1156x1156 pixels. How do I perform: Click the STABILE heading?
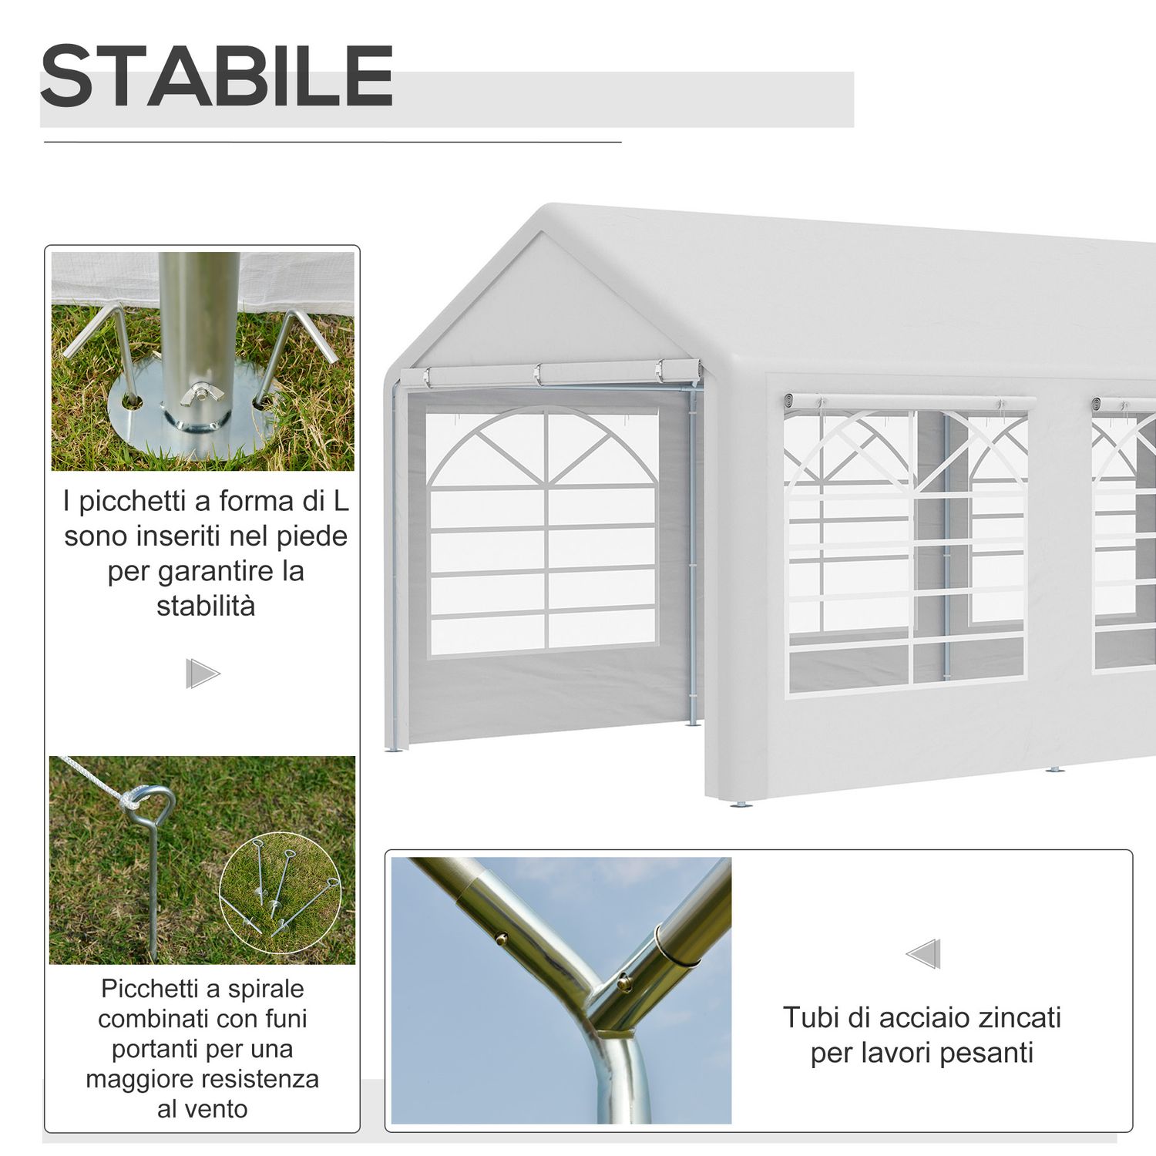(217, 76)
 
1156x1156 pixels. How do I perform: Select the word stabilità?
(206, 606)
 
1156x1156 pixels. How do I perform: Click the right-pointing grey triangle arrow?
(203, 674)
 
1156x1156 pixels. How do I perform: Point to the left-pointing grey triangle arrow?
(923, 954)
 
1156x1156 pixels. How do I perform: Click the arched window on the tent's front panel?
(544, 532)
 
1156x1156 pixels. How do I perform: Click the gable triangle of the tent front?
(543, 308)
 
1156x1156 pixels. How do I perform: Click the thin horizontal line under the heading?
(332, 143)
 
